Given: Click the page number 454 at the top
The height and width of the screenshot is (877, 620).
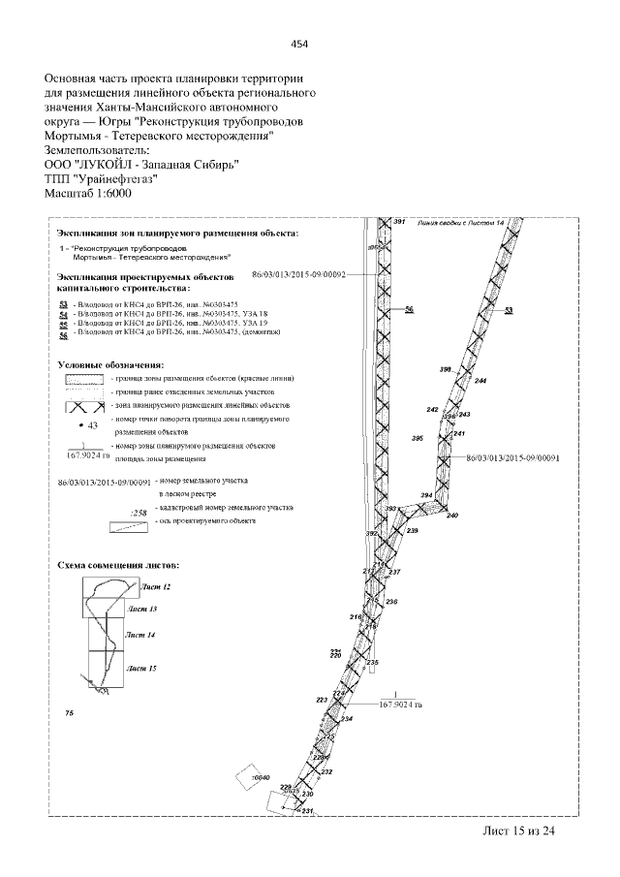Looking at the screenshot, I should pos(299,44).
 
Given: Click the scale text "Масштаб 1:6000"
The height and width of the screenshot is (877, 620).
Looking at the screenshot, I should pos(88,193).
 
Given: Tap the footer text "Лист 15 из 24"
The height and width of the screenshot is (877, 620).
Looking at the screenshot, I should pos(519,830).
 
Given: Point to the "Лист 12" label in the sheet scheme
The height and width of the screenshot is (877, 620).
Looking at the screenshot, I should pos(155,587).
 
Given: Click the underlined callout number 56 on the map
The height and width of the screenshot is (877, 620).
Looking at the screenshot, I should pos(409,309).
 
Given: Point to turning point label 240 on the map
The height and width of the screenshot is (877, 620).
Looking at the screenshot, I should pos(451,516).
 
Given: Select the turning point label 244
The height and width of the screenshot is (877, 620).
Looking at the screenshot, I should pos(480,381).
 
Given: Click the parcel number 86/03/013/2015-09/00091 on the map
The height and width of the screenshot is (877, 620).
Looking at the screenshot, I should pos(514,457).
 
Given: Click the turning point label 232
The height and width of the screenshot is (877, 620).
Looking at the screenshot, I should pos(326,771).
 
